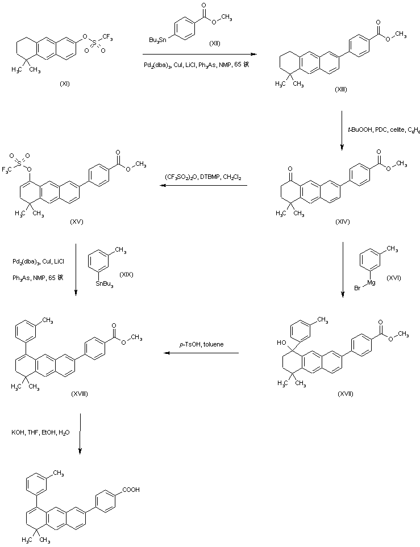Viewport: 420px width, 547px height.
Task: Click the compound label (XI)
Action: tap(65, 83)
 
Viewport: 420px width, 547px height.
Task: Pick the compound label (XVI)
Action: tap(393, 277)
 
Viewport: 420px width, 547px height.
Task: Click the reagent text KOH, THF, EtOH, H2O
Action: tap(40, 433)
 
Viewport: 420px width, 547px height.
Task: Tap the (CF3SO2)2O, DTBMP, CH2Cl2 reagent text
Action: tap(203, 177)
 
